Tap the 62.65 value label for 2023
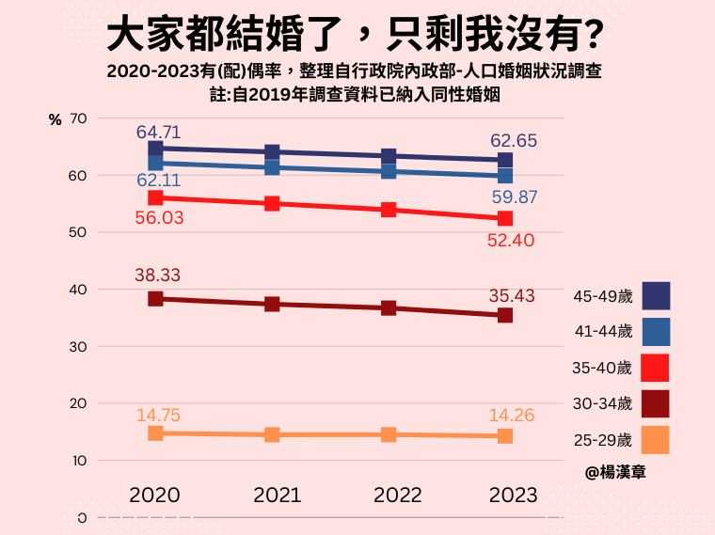click(x=514, y=141)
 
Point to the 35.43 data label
click(x=514, y=295)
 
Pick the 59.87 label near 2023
click(x=514, y=197)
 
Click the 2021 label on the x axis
click(x=277, y=495)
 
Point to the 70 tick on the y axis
click(x=78, y=118)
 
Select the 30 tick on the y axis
click(x=78, y=347)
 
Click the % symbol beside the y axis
click(x=55, y=119)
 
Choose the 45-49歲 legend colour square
click(x=655, y=296)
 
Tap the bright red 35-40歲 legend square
click(x=655, y=367)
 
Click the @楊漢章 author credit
click(x=615, y=473)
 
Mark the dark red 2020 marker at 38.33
click(x=155, y=299)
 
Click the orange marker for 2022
click(x=389, y=434)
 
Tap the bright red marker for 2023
click(x=505, y=218)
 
